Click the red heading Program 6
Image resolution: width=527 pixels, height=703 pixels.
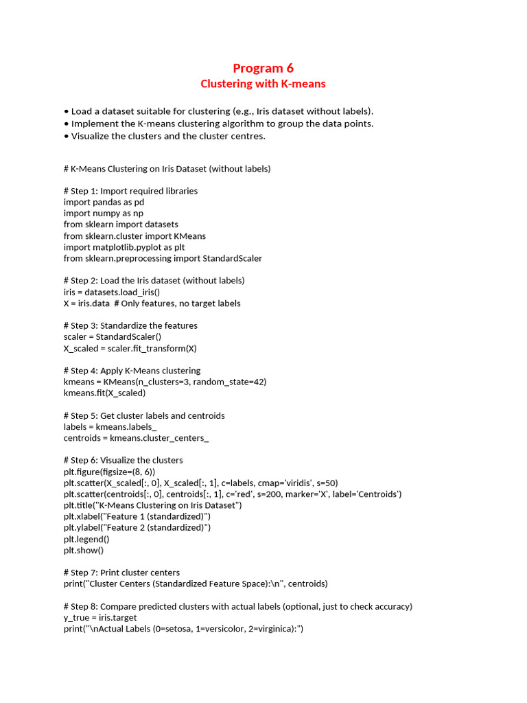263,68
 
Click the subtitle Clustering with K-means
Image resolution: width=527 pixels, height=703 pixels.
263,84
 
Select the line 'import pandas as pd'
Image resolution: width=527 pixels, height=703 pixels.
104,203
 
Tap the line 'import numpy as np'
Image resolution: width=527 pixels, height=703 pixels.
104,214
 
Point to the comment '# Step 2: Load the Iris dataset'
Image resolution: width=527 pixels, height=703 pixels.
154,280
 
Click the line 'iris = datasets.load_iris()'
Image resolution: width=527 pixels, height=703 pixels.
112,292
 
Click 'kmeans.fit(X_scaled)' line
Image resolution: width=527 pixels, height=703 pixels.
104,393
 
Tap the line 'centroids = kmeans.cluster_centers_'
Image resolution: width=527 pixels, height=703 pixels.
136,438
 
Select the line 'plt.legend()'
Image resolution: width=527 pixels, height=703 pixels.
86,539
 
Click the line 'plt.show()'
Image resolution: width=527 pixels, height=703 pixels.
84,550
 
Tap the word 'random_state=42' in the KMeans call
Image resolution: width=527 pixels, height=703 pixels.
230,382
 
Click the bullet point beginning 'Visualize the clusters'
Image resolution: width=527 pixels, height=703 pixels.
168,136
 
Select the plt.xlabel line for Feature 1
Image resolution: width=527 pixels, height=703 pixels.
137,516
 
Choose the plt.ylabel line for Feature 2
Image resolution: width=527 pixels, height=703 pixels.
137,527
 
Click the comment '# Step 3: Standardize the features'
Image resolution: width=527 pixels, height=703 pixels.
130,325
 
